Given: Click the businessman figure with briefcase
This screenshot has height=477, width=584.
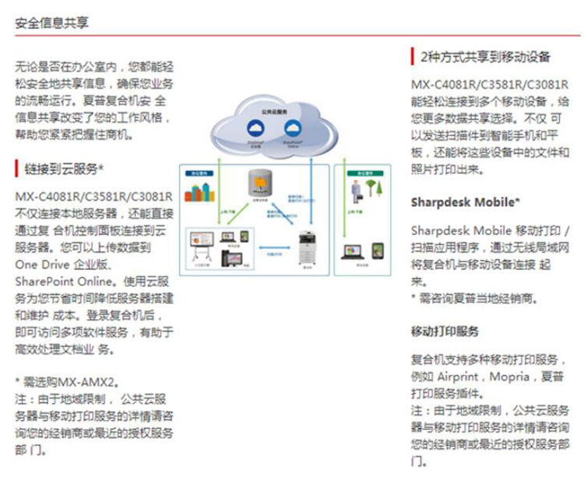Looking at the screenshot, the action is (x=356, y=190).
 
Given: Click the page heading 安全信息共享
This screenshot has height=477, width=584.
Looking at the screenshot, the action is (x=51, y=23).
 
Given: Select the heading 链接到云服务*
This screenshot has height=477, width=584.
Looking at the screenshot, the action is (x=65, y=168).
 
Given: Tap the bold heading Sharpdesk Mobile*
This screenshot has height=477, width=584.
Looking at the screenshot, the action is (x=466, y=202).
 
